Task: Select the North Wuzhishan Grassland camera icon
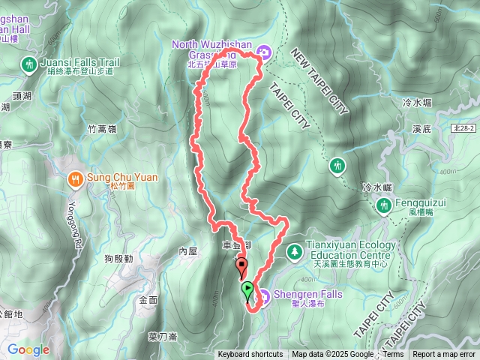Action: [x=263, y=51]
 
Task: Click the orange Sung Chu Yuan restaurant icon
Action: [x=76, y=178]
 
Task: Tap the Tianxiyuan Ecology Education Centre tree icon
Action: [x=293, y=249]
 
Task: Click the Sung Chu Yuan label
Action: [x=123, y=176]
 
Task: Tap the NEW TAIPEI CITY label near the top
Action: [x=319, y=83]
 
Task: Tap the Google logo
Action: [x=28, y=349]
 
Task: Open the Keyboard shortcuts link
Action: [x=250, y=355]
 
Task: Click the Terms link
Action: [x=393, y=355]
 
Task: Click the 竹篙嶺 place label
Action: [x=102, y=129]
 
